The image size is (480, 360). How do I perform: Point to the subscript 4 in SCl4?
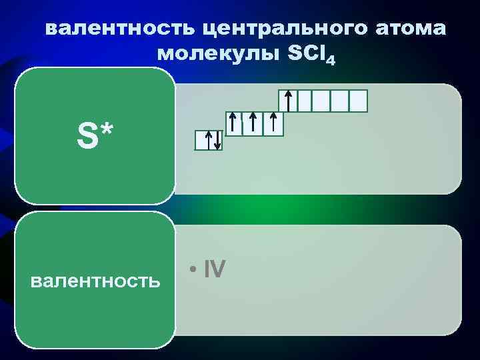(331, 61)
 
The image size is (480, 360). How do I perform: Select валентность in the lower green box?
(95, 281)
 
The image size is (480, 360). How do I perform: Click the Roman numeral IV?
(215, 269)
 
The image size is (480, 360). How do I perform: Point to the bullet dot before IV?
(192, 270)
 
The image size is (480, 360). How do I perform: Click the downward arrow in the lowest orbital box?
(217, 141)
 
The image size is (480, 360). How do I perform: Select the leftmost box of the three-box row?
(233, 123)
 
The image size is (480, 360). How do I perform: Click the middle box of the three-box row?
(253, 123)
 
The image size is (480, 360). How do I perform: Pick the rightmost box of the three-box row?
(273, 123)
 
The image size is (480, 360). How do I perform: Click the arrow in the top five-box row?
(287, 101)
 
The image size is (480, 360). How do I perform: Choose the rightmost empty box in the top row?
(359, 101)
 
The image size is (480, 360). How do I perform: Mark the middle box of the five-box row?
(323, 101)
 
